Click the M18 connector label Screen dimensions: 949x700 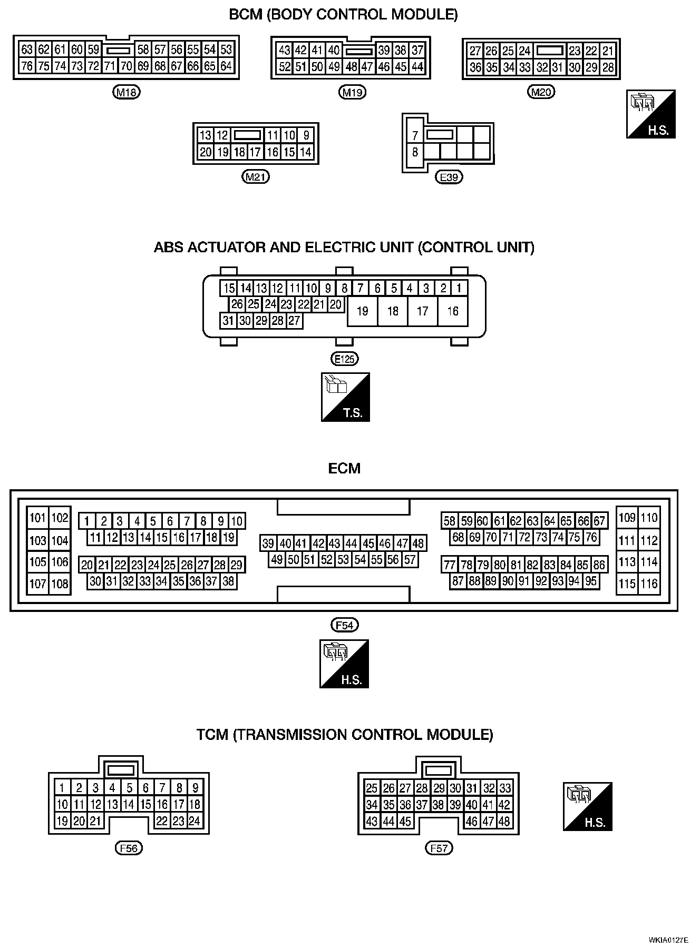coord(127,93)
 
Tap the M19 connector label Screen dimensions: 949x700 coord(352,93)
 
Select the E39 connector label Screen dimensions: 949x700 coord(449,177)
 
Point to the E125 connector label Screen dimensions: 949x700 coord(344,359)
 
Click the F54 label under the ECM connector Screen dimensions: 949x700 coord(344,625)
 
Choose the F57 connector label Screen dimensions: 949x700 coord(439,848)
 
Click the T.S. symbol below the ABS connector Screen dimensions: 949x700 coord(345,397)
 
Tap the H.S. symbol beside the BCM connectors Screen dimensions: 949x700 coord(650,114)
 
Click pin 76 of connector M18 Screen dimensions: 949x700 coord(27,66)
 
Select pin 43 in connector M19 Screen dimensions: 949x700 coord(285,50)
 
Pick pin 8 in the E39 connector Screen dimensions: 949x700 coord(415,152)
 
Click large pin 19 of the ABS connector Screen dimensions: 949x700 coord(362,311)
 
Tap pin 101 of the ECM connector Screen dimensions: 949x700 coord(38,518)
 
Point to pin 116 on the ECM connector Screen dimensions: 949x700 coord(649,584)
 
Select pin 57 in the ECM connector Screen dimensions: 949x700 coord(410,559)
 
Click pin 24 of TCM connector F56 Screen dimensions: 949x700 coord(195,821)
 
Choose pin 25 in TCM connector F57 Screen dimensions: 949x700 coord(372,788)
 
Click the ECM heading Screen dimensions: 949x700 coord(344,468)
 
